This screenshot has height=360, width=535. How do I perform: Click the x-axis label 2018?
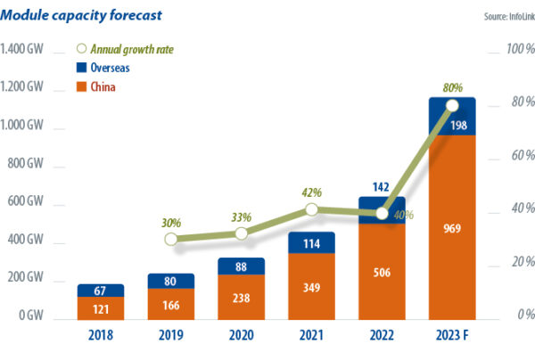coord(100,339)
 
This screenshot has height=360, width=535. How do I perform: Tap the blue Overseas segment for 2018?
coord(100,290)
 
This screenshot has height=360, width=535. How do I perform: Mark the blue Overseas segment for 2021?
coord(312,242)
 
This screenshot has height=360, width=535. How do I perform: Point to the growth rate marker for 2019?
coord(171,239)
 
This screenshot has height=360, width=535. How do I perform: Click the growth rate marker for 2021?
coord(312,209)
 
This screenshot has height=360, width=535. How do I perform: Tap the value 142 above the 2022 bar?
coord(383,186)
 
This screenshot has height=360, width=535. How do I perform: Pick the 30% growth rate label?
coord(172,222)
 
